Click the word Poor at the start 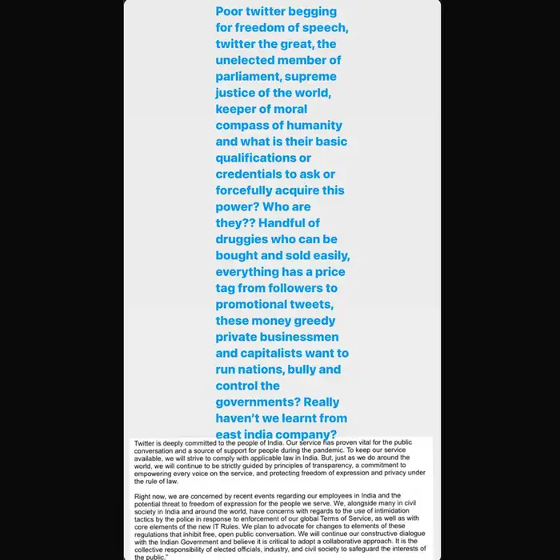[x=232, y=12]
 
